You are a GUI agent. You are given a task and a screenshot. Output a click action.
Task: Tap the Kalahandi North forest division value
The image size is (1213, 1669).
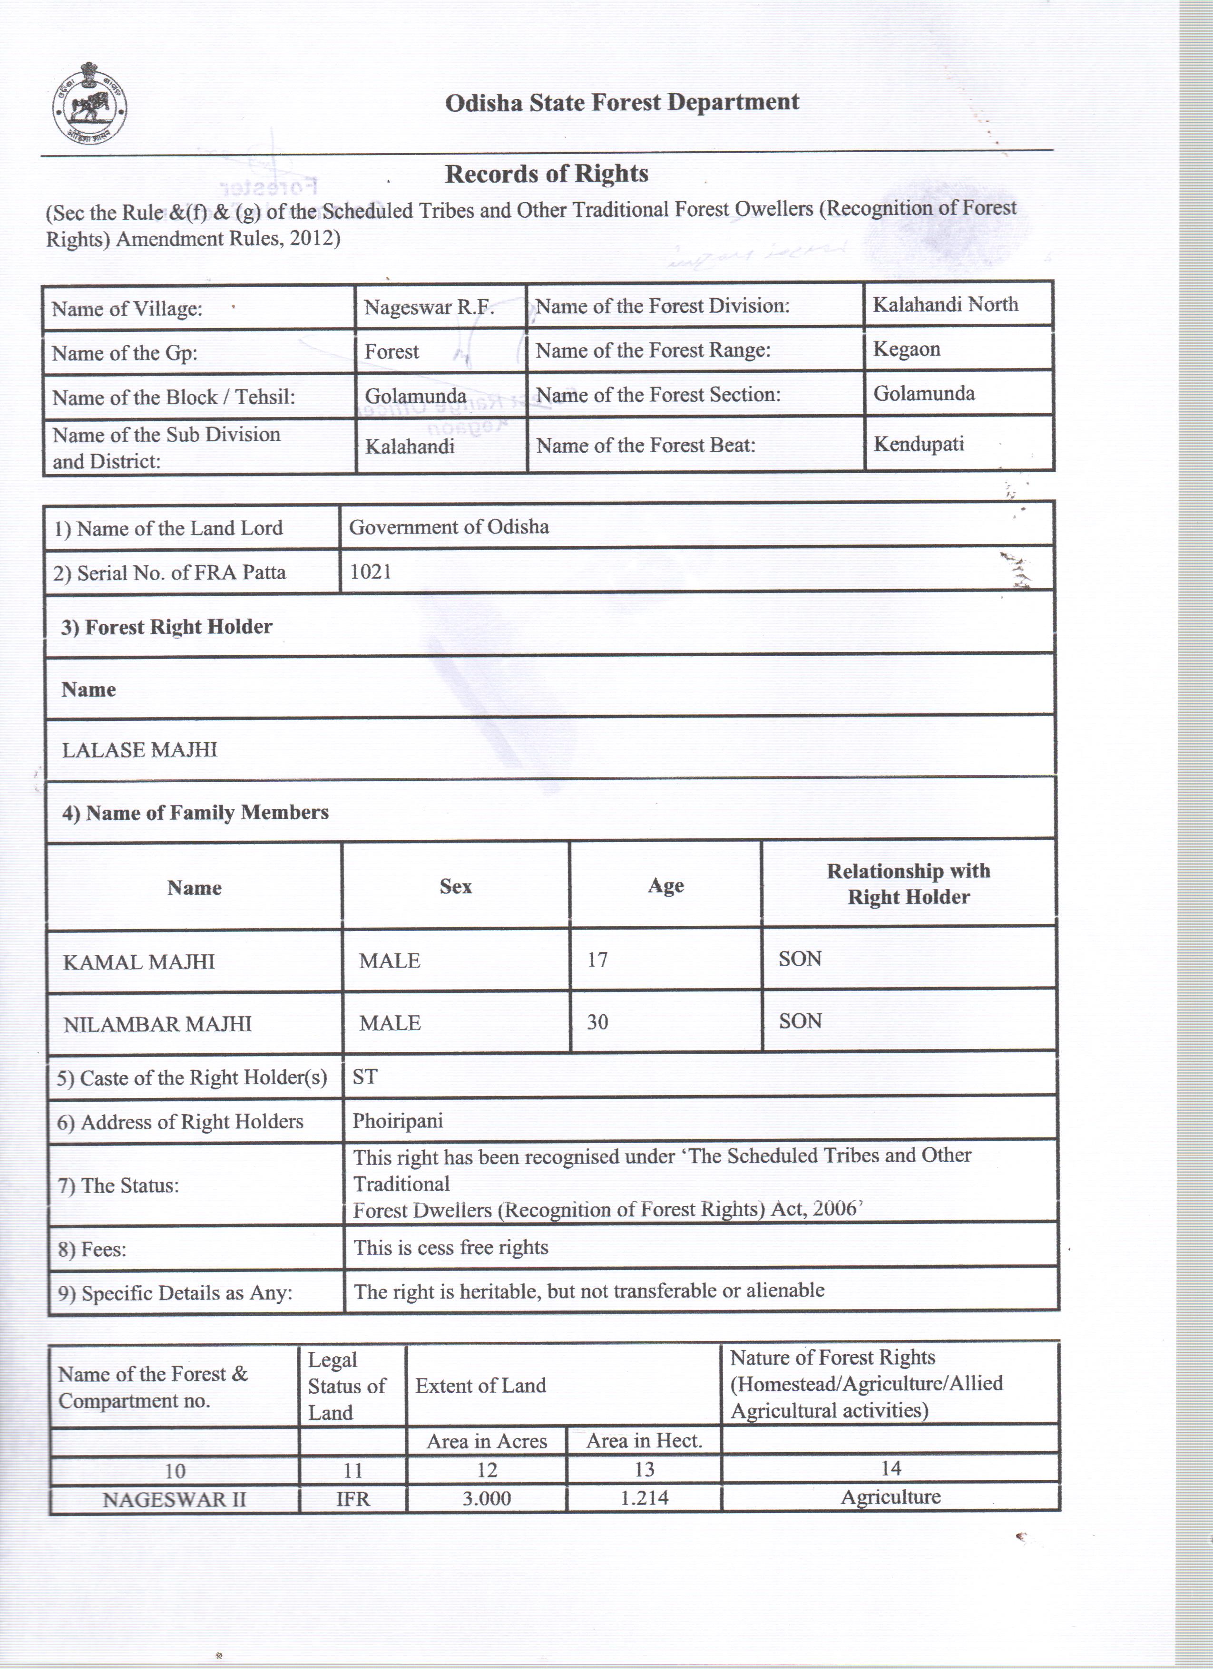click(x=945, y=305)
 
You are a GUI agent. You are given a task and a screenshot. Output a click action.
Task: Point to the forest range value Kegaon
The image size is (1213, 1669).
click(x=906, y=349)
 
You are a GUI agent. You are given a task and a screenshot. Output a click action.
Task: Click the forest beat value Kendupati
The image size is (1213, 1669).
click(x=918, y=445)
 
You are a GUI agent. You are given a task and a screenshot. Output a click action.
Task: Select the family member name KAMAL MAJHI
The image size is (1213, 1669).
click(x=138, y=962)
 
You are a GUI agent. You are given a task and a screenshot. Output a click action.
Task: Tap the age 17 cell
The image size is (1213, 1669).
click(x=597, y=960)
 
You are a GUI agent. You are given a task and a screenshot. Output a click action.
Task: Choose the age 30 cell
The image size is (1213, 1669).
click(x=597, y=1022)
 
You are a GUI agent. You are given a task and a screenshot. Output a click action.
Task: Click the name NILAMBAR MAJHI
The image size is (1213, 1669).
click(x=157, y=1024)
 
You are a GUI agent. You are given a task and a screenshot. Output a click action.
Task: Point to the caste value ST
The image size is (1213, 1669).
click(x=365, y=1077)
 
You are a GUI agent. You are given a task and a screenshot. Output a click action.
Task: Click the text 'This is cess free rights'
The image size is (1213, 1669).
click(x=450, y=1247)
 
